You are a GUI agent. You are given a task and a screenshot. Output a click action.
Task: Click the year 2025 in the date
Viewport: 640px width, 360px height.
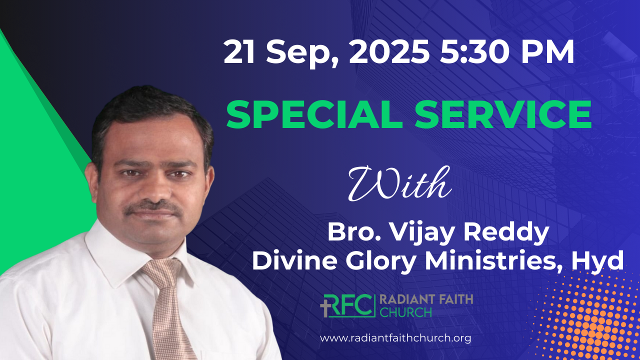tap(389, 52)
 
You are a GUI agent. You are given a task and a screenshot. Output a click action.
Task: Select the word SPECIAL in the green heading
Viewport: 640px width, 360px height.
tap(314, 115)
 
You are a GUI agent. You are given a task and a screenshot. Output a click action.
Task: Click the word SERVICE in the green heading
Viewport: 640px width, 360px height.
tap(503, 115)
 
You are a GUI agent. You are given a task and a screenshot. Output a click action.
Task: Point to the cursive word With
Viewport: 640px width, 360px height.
tap(399, 183)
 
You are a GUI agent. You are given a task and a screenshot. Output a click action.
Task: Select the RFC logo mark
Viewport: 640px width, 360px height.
tap(347, 305)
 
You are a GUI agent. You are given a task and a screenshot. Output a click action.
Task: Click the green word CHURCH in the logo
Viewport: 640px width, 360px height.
tap(405, 312)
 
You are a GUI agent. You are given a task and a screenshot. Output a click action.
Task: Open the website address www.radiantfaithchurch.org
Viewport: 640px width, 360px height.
tap(395, 338)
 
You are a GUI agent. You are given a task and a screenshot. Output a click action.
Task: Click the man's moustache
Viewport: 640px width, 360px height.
tap(153, 207)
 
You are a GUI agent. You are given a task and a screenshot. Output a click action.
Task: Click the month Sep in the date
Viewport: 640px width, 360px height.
tap(301, 53)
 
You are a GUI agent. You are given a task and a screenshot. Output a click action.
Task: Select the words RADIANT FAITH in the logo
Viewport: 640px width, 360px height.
tap(426, 299)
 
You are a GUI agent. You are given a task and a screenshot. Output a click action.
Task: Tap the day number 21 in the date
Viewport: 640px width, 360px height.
tap(239, 52)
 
